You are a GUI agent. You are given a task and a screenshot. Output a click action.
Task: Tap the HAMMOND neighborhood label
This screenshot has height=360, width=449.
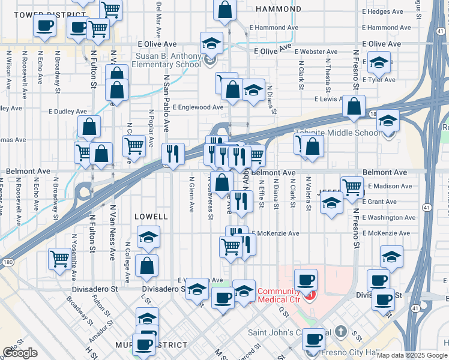[279, 10]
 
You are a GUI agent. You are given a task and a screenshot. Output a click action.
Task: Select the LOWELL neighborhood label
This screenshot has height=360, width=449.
[151, 215]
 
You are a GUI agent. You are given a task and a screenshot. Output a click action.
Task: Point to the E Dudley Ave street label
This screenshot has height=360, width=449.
[68, 111]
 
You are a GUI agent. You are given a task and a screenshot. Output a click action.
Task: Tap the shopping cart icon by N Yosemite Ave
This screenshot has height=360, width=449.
[59, 259]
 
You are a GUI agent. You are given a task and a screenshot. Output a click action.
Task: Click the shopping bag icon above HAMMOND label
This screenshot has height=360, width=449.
[224, 10]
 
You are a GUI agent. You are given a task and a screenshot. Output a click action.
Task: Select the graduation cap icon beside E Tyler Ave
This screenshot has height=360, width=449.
[379, 62]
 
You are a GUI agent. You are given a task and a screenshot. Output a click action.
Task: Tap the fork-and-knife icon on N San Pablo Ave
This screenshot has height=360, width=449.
[173, 154]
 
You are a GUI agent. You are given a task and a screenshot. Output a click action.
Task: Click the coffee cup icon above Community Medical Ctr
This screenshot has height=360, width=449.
[306, 279]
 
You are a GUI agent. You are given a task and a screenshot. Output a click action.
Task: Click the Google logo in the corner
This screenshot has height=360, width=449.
[20, 353]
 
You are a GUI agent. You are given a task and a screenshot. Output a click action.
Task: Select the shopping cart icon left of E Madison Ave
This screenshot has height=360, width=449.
[351, 187]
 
